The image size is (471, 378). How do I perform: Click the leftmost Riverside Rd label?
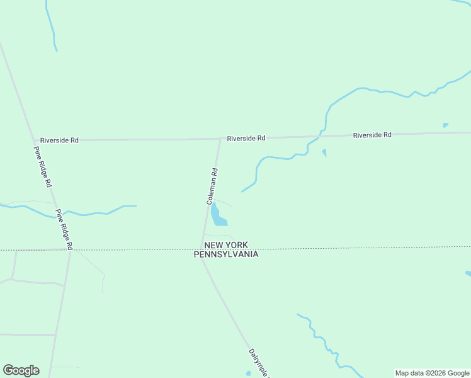pyautogui.click(x=59, y=140)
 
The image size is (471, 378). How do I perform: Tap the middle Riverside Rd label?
pyautogui.click(x=246, y=138)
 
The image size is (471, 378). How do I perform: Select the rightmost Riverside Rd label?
pyautogui.click(x=372, y=135)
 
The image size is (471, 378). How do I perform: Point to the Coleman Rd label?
pyautogui.click(x=213, y=186)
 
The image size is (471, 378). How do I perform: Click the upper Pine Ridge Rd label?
pyautogui.click(x=42, y=168)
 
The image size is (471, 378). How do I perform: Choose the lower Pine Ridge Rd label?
pyautogui.click(x=64, y=229)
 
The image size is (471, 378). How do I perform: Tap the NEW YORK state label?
pyautogui.click(x=225, y=244)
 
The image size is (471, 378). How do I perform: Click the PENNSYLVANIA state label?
pyautogui.click(x=225, y=254)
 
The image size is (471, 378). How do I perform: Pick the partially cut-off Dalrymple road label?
pyautogui.click(x=259, y=363)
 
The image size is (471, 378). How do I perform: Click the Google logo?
pyautogui.click(x=21, y=370)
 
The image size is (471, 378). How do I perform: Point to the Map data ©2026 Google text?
pyautogui.click(x=432, y=373)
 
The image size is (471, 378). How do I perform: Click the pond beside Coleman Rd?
pyautogui.click(x=218, y=216)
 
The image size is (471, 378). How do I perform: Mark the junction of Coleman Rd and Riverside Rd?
pyautogui.click(x=220, y=139)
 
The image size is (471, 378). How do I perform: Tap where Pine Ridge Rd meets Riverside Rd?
pyautogui.click(x=34, y=140)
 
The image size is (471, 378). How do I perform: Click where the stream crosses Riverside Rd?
pyautogui.click(x=322, y=135)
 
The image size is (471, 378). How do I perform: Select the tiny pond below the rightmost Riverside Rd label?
pyautogui.click(x=446, y=125)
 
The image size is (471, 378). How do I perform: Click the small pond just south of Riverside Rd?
pyautogui.click(x=324, y=152)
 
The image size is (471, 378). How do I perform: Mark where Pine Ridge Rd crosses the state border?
pyautogui.click(x=70, y=249)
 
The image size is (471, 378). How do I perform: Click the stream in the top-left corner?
pyautogui.click(x=51, y=25)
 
